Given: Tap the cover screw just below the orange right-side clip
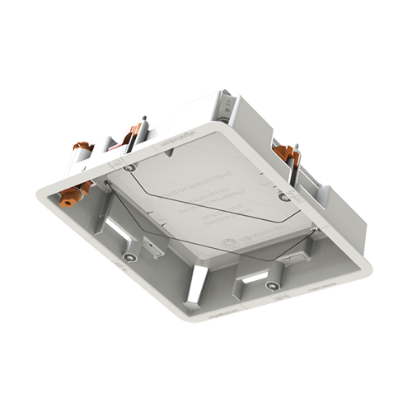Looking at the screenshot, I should (x=283, y=197).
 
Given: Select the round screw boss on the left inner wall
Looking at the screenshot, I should (x=128, y=258).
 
